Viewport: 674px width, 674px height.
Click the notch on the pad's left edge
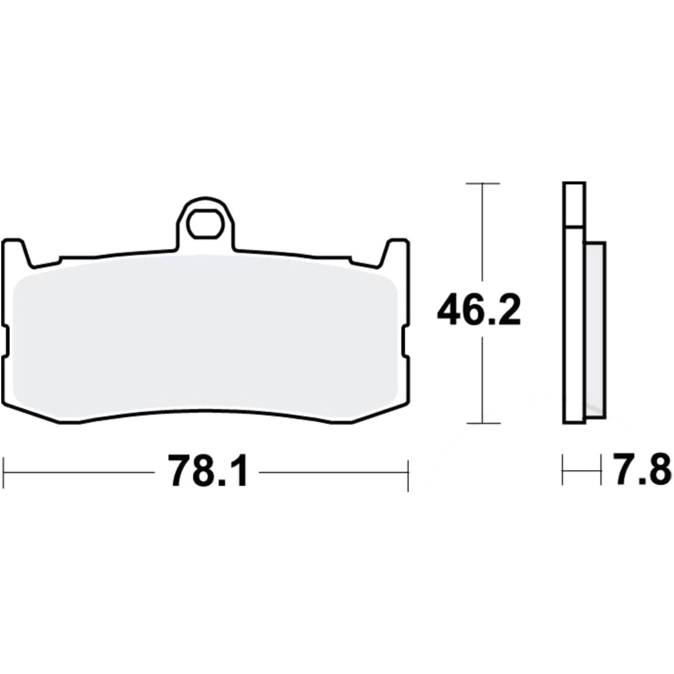coord(5,341)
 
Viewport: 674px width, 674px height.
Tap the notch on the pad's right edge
coord(406,341)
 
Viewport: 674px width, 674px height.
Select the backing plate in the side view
coord(573,303)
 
